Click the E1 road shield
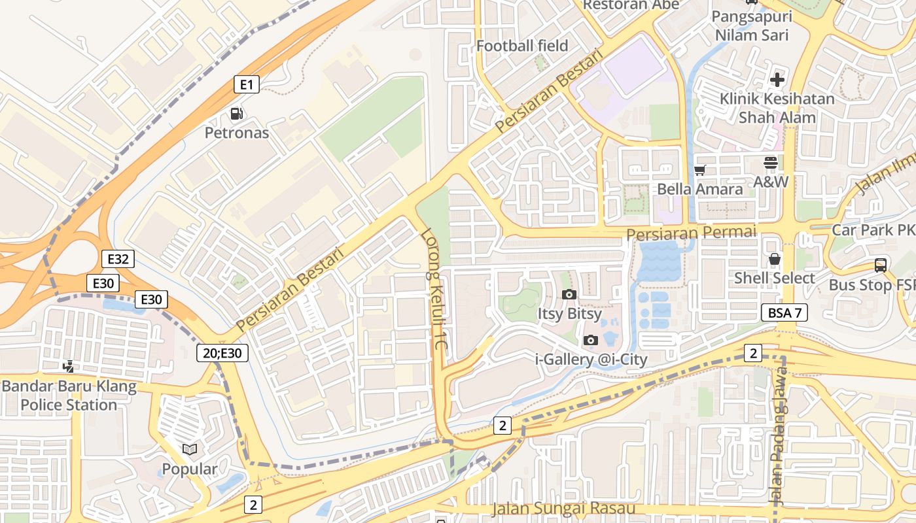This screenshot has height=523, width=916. tap(247, 84)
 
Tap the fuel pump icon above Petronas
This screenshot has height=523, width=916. tap(236, 114)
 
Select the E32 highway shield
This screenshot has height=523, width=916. tap(118, 259)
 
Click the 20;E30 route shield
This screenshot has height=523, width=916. tap(223, 354)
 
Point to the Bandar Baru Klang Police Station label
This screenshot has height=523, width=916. tap(69, 396)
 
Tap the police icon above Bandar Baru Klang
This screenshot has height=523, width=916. tap(68, 367)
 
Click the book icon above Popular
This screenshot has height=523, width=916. tap(190, 449)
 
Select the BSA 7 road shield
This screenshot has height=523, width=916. tap(784, 312)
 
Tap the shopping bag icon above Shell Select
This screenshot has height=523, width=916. tap(775, 259)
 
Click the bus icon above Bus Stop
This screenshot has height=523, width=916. tap(881, 265)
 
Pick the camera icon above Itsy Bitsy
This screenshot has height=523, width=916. tap(569, 294)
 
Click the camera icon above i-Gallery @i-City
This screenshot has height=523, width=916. tap(590, 340)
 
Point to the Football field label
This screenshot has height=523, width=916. tap(522, 46)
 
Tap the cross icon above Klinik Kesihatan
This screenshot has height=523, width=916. tap(777, 80)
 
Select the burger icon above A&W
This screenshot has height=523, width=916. tap(770, 163)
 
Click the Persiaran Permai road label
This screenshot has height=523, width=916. tap(691, 232)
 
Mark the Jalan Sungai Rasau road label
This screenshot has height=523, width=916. tap(563, 509)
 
